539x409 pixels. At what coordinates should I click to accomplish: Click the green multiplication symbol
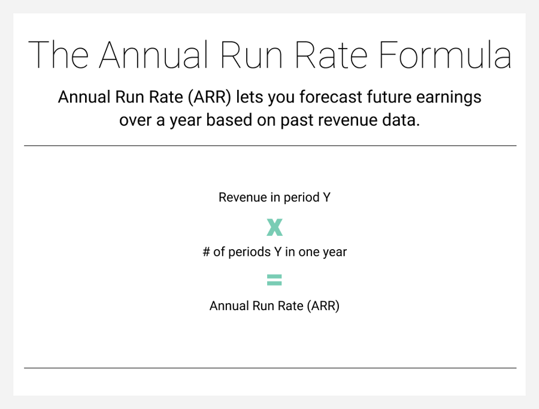[274, 227]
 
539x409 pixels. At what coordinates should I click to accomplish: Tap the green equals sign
[274, 280]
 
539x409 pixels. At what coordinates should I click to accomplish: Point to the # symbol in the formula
[206, 252]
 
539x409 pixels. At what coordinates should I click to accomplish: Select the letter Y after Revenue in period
[326, 198]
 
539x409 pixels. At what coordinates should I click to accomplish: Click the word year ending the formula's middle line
[334, 252]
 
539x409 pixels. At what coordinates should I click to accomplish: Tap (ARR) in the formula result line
[323, 306]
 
